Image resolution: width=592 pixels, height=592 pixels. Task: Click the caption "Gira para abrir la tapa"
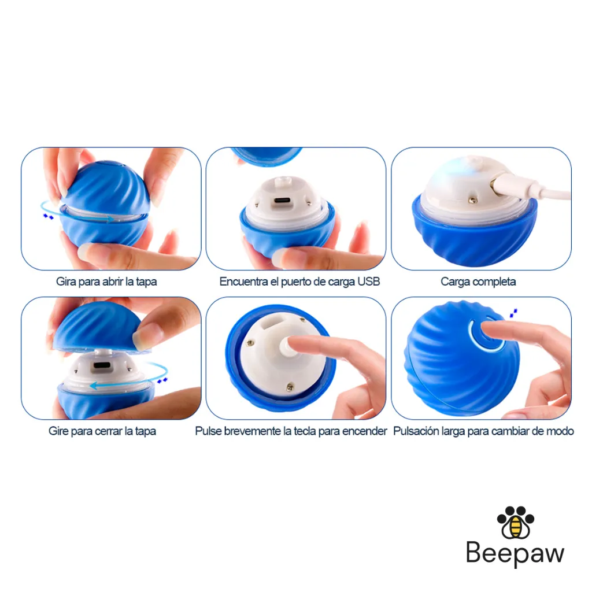(x=106, y=282)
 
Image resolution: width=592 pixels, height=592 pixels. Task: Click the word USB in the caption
(x=369, y=282)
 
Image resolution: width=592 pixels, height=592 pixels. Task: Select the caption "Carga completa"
(x=478, y=282)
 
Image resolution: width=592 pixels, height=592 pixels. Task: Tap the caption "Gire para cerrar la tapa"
(x=102, y=431)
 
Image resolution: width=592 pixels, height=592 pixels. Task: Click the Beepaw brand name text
(x=515, y=554)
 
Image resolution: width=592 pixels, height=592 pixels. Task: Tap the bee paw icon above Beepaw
(x=515, y=522)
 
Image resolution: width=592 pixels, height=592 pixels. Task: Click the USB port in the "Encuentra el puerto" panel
(x=282, y=200)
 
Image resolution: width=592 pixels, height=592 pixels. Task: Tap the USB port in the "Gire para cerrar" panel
(x=102, y=365)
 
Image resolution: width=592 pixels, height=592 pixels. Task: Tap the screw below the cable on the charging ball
(x=472, y=201)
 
